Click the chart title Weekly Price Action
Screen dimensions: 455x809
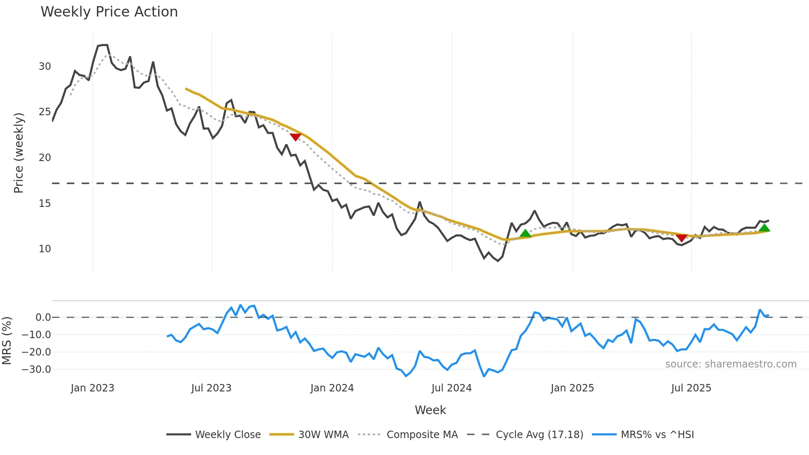[x=109, y=12]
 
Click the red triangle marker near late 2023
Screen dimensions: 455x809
[x=296, y=137]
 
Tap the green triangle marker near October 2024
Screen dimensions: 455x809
[x=525, y=233]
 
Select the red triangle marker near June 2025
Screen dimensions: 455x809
[x=681, y=237]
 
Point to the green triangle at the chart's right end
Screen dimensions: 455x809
[x=764, y=228]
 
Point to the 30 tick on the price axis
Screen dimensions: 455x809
[x=45, y=66]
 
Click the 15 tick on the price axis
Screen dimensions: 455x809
[x=45, y=204]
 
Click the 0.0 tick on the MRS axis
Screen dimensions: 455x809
[x=43, y=318]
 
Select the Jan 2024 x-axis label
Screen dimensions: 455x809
[x=332, y=388]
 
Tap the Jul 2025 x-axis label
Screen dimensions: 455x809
[x=691, y=388]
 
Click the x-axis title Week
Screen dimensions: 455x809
[x=430, y=410]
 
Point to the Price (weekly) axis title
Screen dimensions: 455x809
[x=19, y=153]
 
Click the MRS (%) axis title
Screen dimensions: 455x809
[x=7, y=341]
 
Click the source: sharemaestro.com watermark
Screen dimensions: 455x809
[x=731, y=364]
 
